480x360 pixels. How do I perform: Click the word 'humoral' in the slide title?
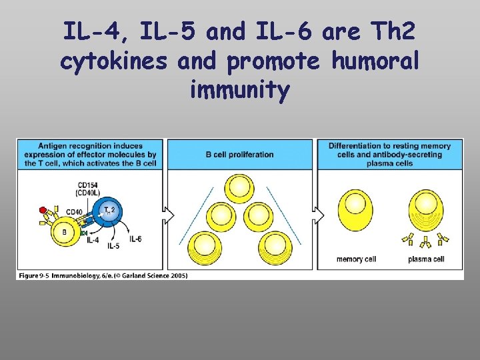tap(377, 61)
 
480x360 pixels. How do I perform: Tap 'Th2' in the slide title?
tap(399, 31)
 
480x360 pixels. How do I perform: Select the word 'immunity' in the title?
tap(240, 91)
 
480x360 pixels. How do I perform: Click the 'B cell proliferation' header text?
tap(240, 155)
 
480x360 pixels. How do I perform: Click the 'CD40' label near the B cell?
tap(75, 212)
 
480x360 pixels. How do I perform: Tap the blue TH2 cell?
tap(107, 211)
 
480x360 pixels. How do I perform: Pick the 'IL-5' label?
tap(113, 246)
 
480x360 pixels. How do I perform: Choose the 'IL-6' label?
tap(135, 239)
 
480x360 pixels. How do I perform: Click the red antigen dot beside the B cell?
tap(43, 210)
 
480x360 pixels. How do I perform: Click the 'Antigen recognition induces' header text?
tap(91, 146)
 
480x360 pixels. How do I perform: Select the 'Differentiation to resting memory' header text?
tap(390, 146)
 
